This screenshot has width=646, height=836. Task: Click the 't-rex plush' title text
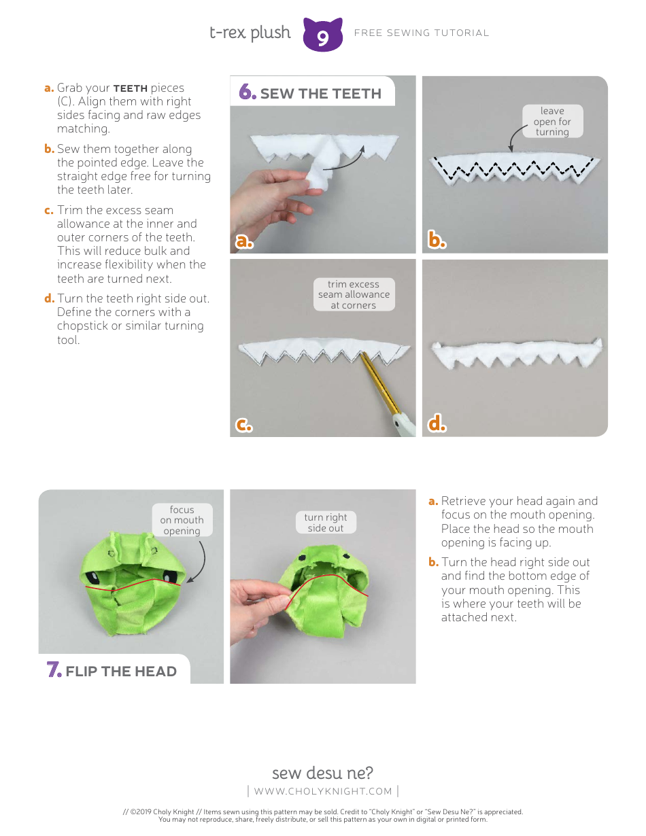click(x=250, y=33)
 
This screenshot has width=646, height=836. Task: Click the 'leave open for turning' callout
click(x=551, y=122)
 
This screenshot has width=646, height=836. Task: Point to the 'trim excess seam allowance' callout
click(x=354, y=294)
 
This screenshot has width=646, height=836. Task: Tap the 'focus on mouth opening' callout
click(x=182, y=520)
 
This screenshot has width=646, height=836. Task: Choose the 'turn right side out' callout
click(x=326, y=522)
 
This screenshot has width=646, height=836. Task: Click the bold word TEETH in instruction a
click(x=130, y=88)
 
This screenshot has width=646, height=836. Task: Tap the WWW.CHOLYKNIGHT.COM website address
click(x=323, y=790)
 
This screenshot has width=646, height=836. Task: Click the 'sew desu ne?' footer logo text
click(x=322, y=773)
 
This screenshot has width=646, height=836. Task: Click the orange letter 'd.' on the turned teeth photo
click(x=437, y=424)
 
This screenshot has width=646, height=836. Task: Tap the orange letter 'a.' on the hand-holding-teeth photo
click(x=244, y=241)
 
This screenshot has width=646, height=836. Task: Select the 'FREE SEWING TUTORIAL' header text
click(x=422, y=33)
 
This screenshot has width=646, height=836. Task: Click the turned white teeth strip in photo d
click(x=515, y=353)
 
